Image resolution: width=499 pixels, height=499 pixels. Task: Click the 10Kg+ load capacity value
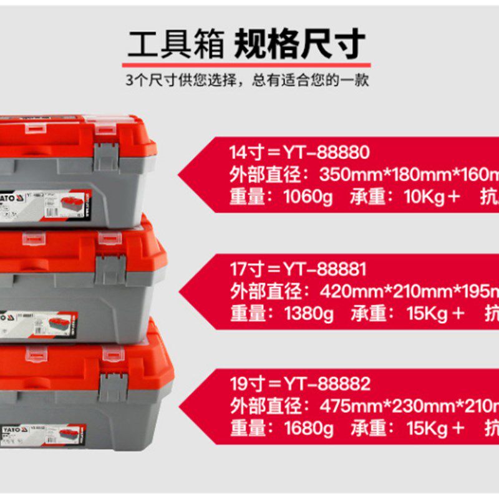point(432,198)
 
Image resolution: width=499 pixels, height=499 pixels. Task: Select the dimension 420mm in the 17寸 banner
point(347,291)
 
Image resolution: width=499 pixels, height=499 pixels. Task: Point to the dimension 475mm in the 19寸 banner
point(347,406)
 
